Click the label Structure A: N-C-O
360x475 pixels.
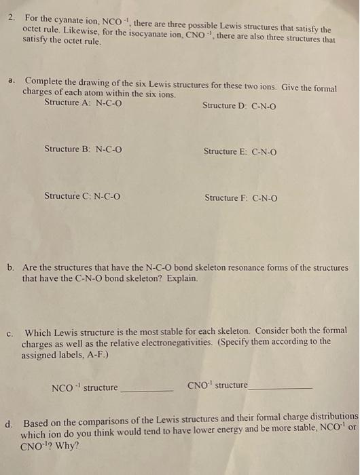coord(83,102)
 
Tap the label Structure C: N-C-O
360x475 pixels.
coord(82,197)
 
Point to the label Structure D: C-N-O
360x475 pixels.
coord(239,106)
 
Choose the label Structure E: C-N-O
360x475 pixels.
coord(240,151)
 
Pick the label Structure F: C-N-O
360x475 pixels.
coord(240,198)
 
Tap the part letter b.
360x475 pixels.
coord(12,268)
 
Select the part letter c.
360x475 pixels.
coord(10,333)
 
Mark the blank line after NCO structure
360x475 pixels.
coord(147,390)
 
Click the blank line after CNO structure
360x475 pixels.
coord(280,387)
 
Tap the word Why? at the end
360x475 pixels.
coord(68,446)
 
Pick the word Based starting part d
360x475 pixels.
coord(37,423)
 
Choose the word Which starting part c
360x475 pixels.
coord(38,332)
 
